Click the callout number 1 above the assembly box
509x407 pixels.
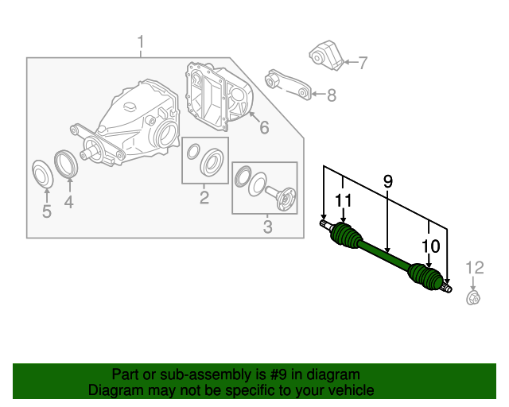pos(141,43)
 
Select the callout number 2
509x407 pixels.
pos(204,197)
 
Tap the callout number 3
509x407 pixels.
pos(267,227)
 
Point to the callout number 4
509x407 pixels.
pos(69,202)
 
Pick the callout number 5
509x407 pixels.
pos(47,211)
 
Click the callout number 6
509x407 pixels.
pos(264,127)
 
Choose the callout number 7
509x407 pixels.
pos(363,62)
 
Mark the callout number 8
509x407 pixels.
pos(332,95)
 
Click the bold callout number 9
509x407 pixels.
pos(388,181)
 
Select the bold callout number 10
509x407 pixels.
pos(431,246)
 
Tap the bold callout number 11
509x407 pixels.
pos(343,200)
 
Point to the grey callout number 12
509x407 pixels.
pos(475,268)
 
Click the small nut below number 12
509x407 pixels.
pos(473,298)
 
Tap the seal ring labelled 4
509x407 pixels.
pos(66,165)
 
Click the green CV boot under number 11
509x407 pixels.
pos(346,236)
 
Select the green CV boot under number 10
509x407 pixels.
pos(425,276)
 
